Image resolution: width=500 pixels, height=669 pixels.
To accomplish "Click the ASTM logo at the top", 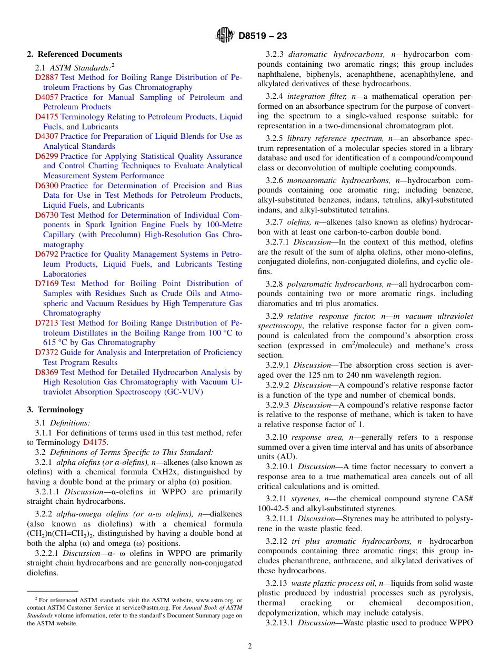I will click(x=225, y=35).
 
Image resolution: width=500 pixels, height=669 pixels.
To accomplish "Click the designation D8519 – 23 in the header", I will click(x=263, y=36).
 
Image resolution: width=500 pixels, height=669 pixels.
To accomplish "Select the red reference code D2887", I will click(x=47, y=78).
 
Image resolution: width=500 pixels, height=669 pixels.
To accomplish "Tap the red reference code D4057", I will click(x=47, y=97).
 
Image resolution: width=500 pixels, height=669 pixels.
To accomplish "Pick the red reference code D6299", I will click(x=47, y=156).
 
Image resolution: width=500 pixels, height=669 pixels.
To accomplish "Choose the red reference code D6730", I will click(x=47, y=215).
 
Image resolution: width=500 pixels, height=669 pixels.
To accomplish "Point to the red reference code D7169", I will click(x=47, y=284).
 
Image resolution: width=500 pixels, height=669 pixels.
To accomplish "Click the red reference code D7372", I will click(x=47, y=352).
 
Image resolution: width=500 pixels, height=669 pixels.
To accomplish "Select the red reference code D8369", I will click(x=47, y=372).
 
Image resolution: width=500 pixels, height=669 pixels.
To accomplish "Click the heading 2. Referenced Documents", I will click(x=75, y=54).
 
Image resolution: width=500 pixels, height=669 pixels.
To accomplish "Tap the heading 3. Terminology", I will click(x=55, y=410).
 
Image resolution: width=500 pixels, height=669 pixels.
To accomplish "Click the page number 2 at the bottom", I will click(x=250, y=646).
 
